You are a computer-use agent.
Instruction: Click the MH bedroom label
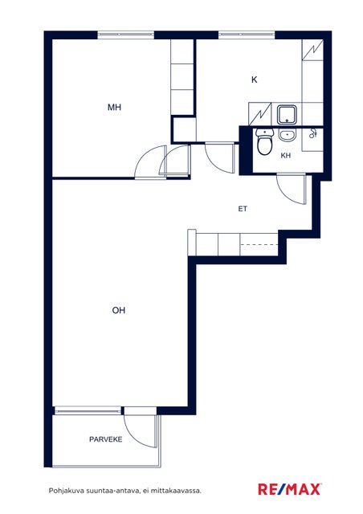[x=114, y=107]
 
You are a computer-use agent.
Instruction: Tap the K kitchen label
[x=254, y=80]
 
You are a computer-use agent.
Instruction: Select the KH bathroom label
[x=286, y=155]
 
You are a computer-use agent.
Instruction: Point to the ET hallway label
[x=243, y=209]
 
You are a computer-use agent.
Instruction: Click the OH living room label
[x=119, y=310]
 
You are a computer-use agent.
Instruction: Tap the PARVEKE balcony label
[x=105, y=439]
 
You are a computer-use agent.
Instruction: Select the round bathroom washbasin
[x=288, y=136]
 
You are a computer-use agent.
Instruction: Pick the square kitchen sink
[x=287, y=115]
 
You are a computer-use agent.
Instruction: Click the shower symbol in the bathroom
[x=312, y=133]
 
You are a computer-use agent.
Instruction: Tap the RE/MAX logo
[x=289, y=489]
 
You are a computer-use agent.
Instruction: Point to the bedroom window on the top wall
[x=126, y=35]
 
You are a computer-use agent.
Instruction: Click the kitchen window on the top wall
[x=247, y=35]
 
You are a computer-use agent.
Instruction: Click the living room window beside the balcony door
[x=88, y=410]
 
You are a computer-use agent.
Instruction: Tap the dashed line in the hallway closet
[x=259, y=244]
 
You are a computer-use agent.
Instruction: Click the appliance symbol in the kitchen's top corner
[x=312, y=50]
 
